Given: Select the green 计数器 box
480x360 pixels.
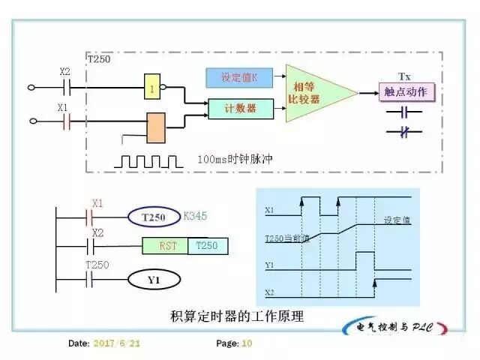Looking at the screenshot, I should (240, 109).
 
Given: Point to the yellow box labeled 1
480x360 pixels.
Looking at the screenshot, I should (153, 87).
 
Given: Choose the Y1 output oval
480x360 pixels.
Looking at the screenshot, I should (153, 280).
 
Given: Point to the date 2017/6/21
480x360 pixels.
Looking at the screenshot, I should (115, 343).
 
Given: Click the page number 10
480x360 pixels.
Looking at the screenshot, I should (247, 343).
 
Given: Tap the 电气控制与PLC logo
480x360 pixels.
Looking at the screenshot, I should (396, 328).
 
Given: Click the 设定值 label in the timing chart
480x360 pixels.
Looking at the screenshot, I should (396, 220).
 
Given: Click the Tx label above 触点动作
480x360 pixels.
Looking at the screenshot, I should (403, 77).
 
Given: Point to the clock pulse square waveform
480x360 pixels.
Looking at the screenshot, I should (148, 160).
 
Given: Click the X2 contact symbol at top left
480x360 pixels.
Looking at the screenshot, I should (64, 87).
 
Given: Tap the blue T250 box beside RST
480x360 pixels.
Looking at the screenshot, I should (207, 246).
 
